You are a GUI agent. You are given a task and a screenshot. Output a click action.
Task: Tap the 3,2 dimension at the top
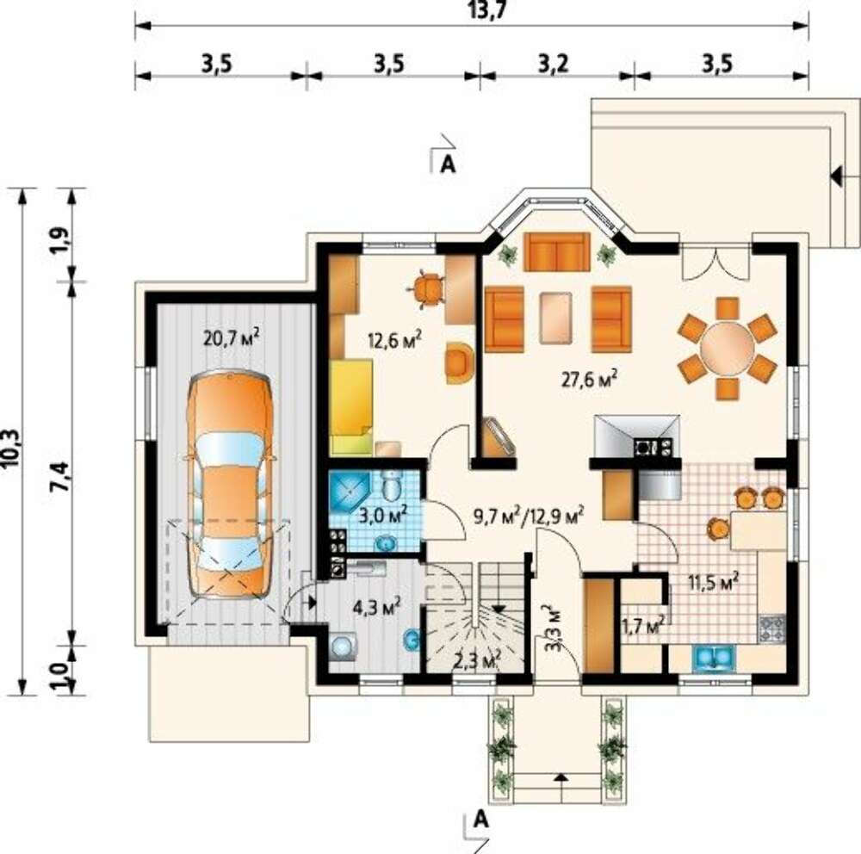[x=553, y=65]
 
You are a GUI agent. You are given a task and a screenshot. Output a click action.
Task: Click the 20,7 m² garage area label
[x=231, y=337]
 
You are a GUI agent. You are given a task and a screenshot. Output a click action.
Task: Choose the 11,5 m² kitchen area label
[x=713, y=582]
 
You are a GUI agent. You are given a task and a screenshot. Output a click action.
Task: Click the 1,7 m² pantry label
[x=644, y=625]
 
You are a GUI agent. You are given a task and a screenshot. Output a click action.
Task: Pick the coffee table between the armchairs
[x=556, y=318]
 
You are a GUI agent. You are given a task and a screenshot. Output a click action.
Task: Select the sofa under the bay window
[x=557, y=252]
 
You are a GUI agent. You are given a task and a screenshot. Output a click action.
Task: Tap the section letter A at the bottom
[x=480, y=820]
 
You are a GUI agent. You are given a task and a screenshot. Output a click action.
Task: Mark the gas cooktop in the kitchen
[x=772, y=629]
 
